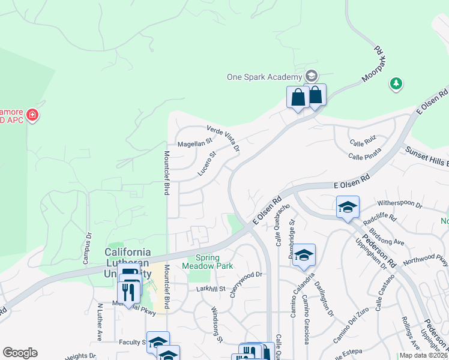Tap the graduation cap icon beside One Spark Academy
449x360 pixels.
coord(311,76)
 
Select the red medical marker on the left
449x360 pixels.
coord(32,114)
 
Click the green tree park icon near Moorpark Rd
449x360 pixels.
coord(396,83)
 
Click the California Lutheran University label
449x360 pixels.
coord(128,262)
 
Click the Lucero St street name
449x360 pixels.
coord(206,164)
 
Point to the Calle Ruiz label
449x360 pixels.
coord(363,142)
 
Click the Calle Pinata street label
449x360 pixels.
coord(365,156)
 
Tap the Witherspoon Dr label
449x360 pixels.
coord(399,204)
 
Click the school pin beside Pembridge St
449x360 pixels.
coord(304,255)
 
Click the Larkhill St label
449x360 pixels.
coord(210,289)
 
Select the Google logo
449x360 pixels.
coord(20,353)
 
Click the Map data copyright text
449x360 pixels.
coord(423,355)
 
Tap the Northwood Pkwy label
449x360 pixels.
coord(433,260)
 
